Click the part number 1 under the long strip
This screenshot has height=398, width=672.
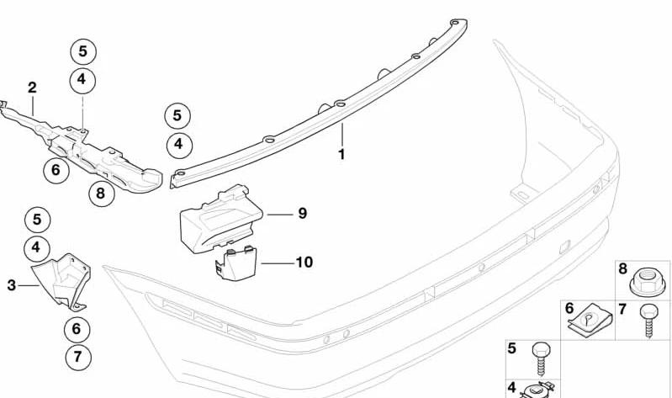coord(341,154)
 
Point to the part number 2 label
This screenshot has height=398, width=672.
coord(32,88)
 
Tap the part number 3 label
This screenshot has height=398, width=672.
coord(12,285)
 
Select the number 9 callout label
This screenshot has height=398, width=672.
coord(303,213)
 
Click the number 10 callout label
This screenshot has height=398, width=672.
coord(304,262)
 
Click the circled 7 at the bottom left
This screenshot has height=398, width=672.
coord(78,357)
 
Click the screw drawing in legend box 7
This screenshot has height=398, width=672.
coord(648,321)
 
